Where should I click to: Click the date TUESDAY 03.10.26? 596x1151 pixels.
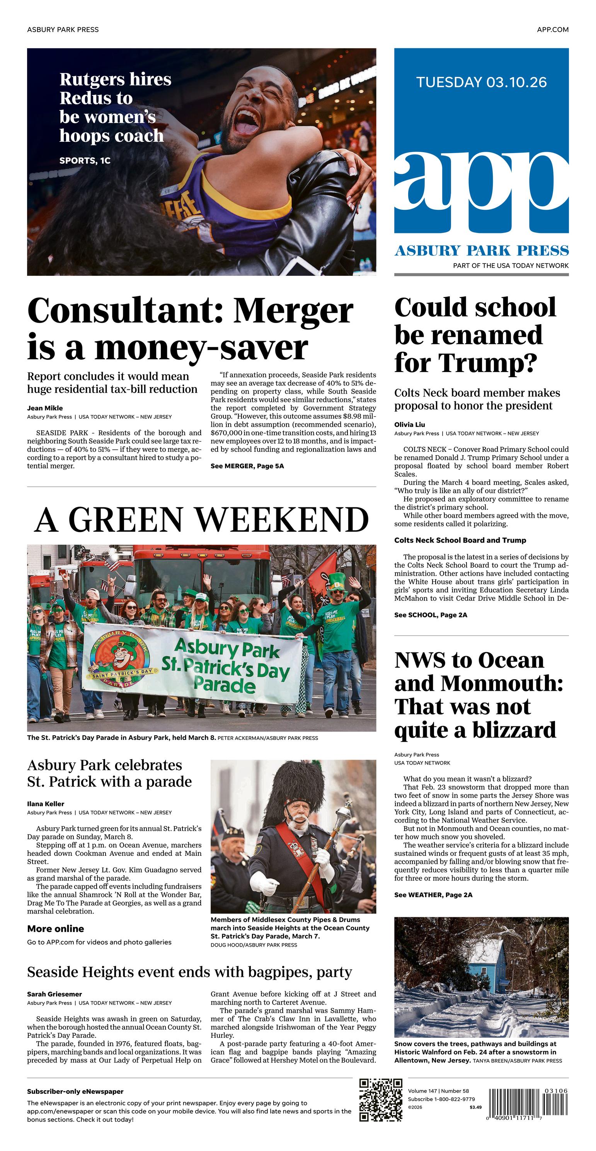tap(481, 82)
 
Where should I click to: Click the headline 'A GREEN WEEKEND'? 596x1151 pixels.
tap(202, 520)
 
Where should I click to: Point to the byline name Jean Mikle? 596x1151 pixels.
tap(45, 408)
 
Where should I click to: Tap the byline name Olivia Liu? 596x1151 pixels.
tap(409, 425)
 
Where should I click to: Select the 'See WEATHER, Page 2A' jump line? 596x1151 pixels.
tap(433, 894)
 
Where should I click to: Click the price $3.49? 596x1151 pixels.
tap(475, 1107)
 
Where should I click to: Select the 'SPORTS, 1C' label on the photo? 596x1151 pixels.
tap(85, 160)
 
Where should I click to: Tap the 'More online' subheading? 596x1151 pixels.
tap(55, 929)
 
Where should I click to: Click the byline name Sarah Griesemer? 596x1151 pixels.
tap(54, 994)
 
